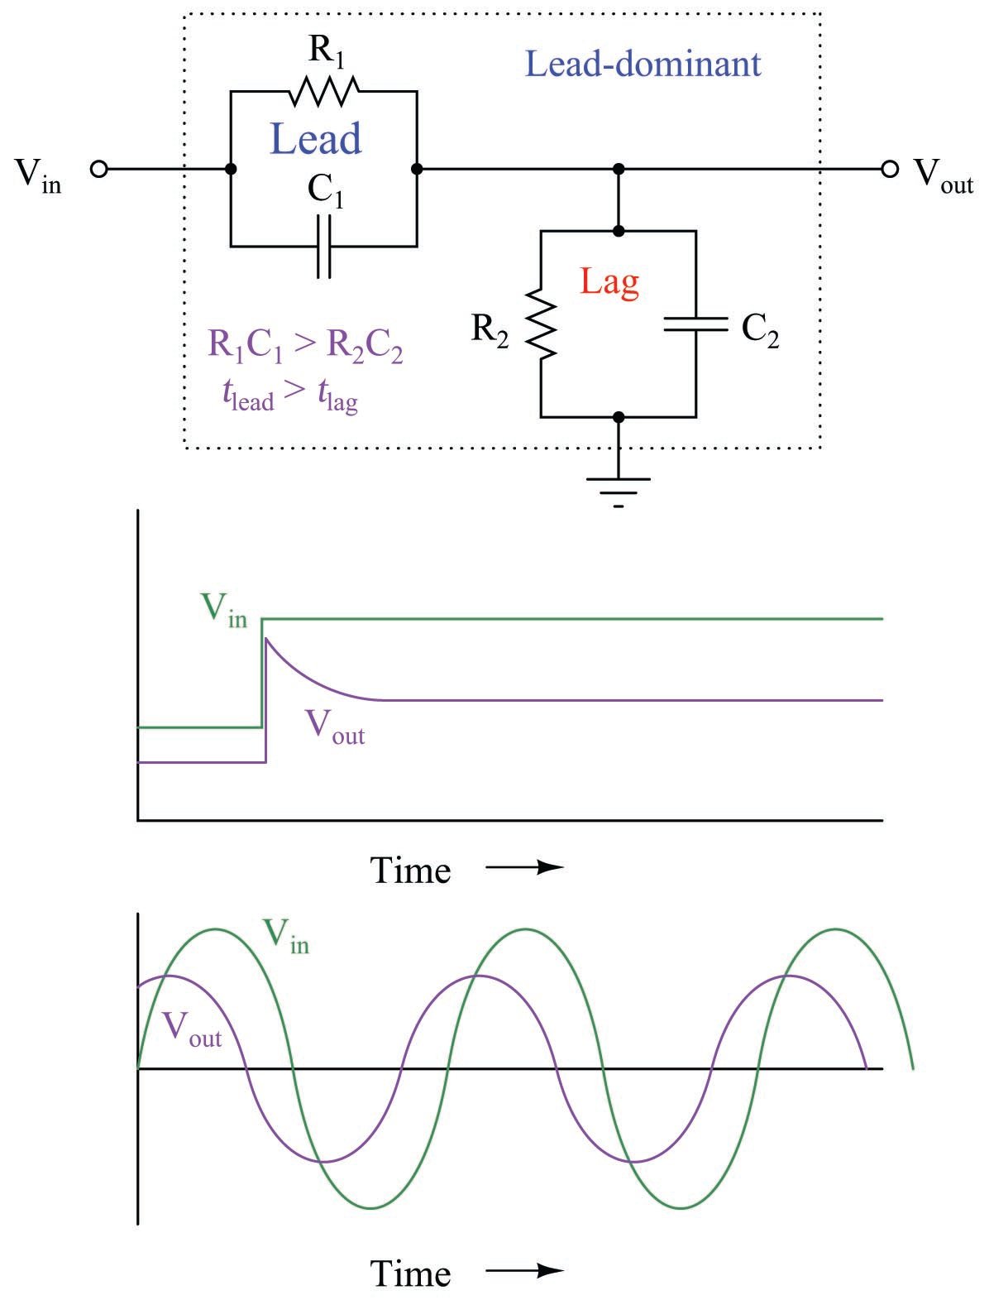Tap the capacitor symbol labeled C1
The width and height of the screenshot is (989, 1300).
tap(324, 246)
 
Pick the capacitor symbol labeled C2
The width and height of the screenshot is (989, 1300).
tap(695, 324)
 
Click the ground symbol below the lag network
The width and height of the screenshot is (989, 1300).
tap(619, 488)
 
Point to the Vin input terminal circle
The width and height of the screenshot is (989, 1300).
tap(99, 170)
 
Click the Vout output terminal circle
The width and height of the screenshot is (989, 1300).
tap(890, 170)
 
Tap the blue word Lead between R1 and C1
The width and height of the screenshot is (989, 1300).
tap(316, 139)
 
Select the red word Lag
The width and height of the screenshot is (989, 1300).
tap(609, 282)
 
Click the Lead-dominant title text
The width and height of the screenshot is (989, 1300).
tap(643, 65)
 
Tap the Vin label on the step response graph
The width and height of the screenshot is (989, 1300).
tap(223, 611)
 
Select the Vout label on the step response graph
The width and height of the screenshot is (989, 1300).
tap(335, 727)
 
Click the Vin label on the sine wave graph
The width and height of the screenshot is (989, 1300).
tap(285, 936)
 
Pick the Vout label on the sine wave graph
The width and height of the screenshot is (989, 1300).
tap(192, 1029)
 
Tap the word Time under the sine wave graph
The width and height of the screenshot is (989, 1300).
tap(410, 1273)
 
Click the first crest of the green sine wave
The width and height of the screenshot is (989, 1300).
tap(217, 929)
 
